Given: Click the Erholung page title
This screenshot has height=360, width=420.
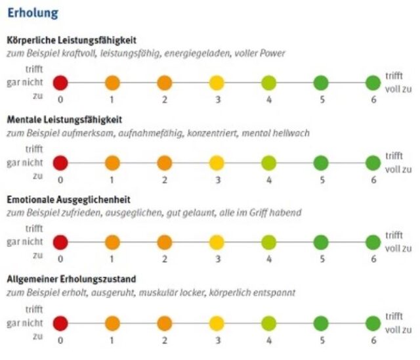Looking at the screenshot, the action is [x=33, y=13].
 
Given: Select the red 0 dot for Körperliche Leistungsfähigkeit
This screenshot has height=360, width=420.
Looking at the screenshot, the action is [x=60, y=83].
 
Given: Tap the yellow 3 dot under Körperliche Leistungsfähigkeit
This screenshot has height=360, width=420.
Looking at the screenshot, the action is [x=217, y=83].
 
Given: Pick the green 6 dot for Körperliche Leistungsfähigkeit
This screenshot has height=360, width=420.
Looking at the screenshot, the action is [x=373, y=83].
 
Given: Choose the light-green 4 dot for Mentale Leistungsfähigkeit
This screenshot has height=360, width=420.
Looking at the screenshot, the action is [x=268, y=163].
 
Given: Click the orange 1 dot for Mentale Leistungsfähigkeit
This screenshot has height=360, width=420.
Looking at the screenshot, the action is [x=112, y=163].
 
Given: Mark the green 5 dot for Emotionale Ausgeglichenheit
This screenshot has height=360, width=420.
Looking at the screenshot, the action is [x=321, y=242].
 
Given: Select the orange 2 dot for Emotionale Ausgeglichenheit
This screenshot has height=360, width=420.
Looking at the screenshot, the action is [x=165, y=242].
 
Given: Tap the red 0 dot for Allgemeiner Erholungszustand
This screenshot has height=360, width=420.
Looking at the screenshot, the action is [x=60, y=323].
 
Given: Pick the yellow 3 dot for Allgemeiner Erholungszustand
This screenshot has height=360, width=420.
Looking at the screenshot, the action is [x=217, y=323].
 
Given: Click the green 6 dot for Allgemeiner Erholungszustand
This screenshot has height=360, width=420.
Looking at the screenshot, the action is [x=373, y=323].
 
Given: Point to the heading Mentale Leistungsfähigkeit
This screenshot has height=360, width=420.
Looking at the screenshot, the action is [x=64, y=120].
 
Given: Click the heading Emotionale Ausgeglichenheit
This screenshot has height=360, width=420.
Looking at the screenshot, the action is [x=68, y=200].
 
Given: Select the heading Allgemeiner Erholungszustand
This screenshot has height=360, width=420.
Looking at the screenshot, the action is [x=72, y=279].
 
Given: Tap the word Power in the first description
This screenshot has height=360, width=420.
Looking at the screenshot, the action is [x=273, y=53].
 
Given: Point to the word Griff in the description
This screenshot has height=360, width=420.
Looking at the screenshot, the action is [x=259, y=213].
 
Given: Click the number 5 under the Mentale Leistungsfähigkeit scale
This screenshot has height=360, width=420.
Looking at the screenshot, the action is [x=322, y=180].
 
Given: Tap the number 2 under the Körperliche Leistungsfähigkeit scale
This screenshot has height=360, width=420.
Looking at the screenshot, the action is [x=165, y=100].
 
